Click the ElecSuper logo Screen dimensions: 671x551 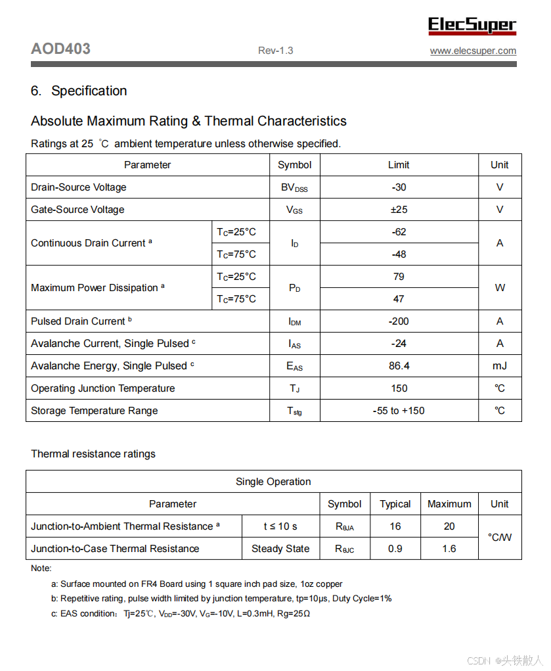tap(472, 26)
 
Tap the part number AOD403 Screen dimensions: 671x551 tap(60, 49)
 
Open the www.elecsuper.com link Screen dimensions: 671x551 tap(473, 51)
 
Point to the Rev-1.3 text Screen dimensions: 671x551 tap(275, 51)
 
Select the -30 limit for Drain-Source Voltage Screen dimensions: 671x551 tap(399, 187)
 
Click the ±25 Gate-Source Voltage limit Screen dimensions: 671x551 tap(399, 210)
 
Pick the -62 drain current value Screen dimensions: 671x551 tap(399, 232)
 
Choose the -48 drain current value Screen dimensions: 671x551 tap(399, 254)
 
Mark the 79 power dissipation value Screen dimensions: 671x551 tap(399, 277)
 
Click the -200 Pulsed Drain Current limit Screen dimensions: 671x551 tap(399, 321)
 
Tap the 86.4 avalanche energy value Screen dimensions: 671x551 tap(399, 366)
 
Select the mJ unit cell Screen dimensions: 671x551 tap(500, 366)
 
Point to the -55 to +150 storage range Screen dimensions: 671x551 tap(399, 411)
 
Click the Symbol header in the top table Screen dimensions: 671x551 tap(294, 165)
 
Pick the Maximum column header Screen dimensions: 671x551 tap(449, 504)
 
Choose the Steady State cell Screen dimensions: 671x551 tap(280, 549)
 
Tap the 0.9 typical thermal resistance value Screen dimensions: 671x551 tap(395, 549)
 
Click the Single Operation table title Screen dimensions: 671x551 tap(273, 482)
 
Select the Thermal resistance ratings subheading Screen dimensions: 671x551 tap(93, 454)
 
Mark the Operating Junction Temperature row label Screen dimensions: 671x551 tap(103, 388)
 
